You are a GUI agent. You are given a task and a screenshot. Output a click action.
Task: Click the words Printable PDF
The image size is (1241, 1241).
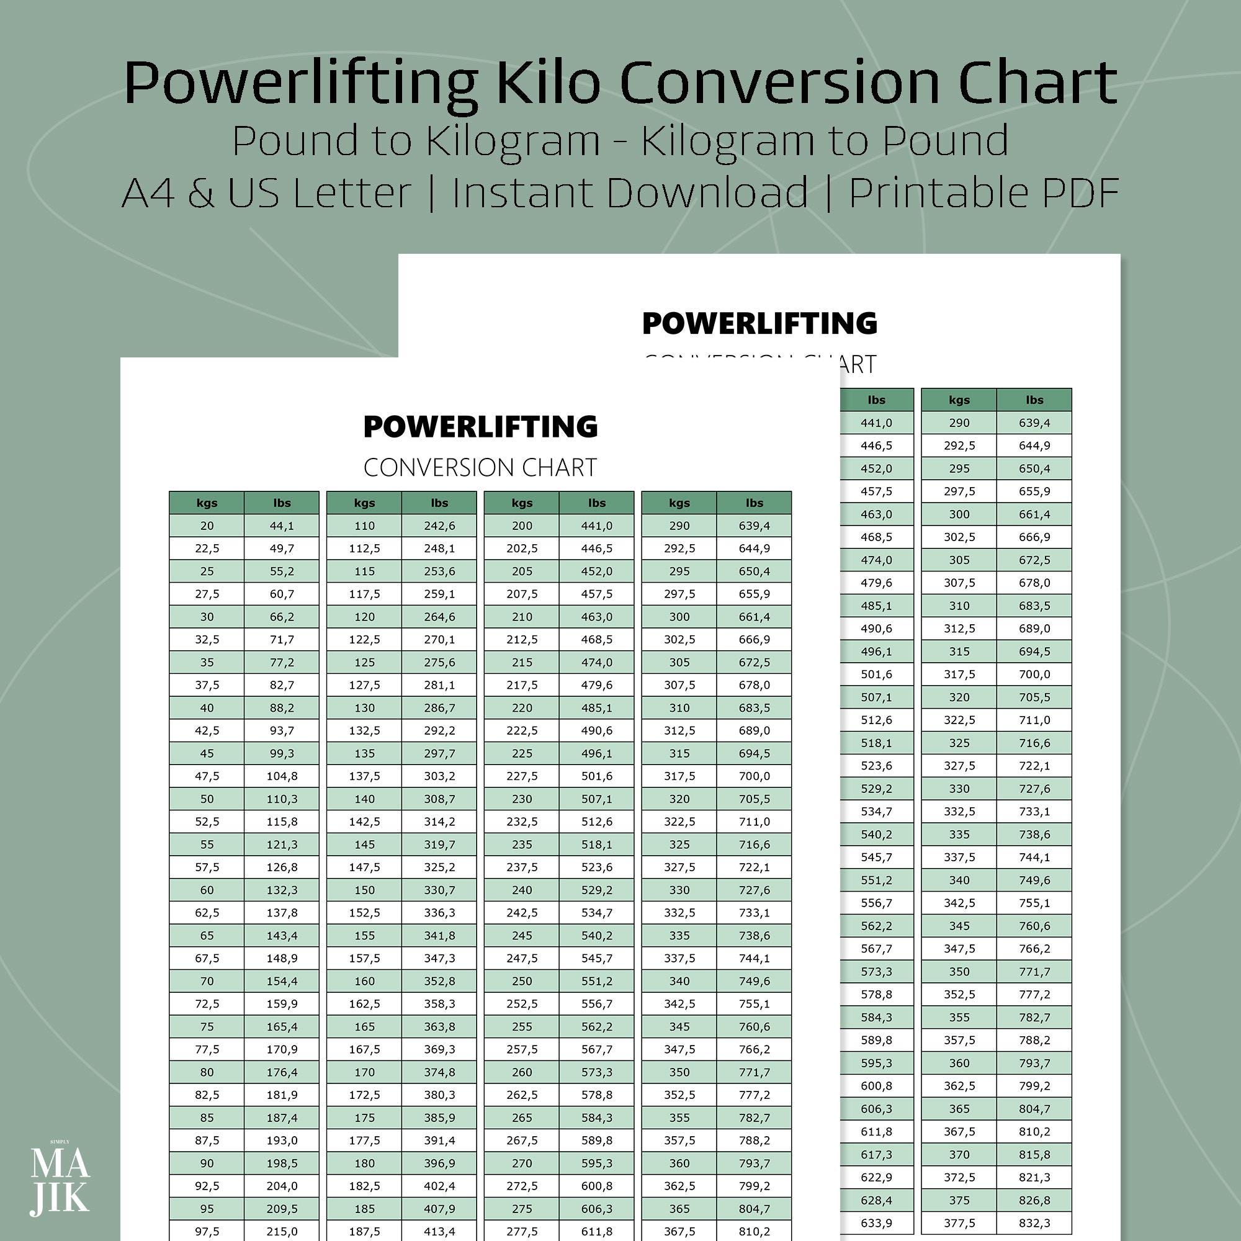click(984, 193)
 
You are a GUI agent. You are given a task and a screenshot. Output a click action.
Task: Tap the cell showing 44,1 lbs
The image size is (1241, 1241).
click(281, 526)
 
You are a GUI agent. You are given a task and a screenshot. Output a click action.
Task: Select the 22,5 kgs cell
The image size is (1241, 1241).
click(207, 548)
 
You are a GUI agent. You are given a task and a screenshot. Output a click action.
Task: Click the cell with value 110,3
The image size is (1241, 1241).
click(281, 799)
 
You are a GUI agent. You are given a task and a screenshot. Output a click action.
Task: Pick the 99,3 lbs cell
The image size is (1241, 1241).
click(281, 753)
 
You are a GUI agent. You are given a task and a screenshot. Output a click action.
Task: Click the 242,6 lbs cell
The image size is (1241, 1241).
click(439, 526)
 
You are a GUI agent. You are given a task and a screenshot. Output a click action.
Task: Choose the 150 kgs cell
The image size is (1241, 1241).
click(364, 890)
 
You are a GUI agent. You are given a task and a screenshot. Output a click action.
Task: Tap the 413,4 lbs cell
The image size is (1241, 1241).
click(439, 1230)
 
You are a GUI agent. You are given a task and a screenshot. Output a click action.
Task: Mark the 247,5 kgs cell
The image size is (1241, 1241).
click(522, 957)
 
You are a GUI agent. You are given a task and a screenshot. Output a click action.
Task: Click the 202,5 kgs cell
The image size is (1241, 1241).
click(522, 548)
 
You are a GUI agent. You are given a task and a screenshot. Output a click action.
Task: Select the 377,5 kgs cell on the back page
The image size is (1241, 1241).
click(959, 1222)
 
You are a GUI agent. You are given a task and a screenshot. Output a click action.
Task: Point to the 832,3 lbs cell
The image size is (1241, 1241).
click(1034, 1222)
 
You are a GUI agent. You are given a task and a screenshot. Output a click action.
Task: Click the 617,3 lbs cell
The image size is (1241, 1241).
click(876, 1154)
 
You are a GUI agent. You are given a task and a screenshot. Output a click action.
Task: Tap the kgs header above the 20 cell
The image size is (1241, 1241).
click(207, 503)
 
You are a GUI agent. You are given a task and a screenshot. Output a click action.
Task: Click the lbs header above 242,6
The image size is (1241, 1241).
click(439, 503)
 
